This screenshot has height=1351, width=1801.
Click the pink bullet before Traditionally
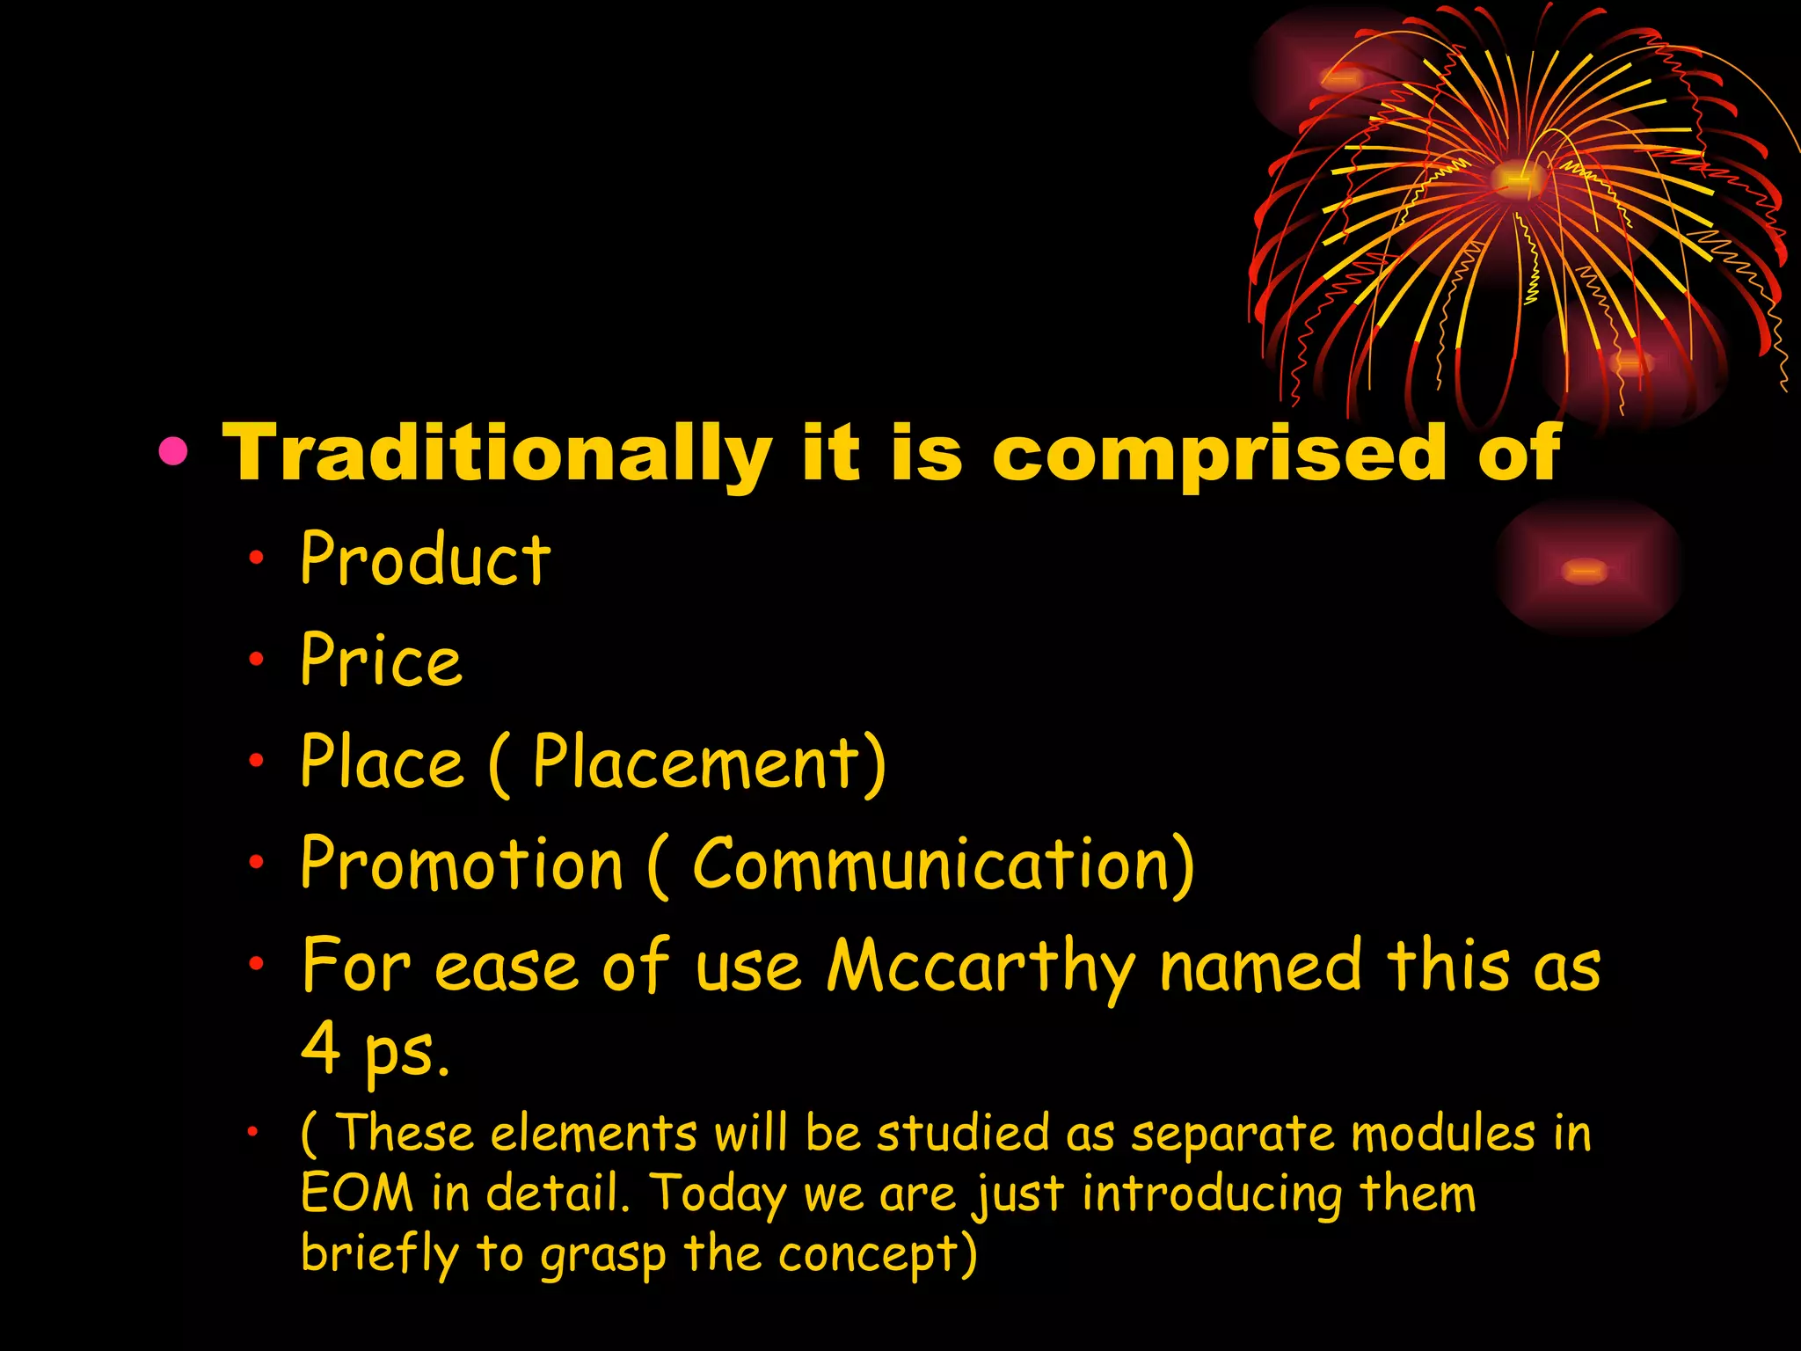point(173,451)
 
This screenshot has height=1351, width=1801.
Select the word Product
point(426,559)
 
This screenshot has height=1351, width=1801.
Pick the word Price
point(381,661)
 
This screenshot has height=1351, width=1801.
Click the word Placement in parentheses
point(696,762)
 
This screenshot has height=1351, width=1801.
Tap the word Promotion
point(462,864)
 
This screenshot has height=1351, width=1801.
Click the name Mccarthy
point(981,967)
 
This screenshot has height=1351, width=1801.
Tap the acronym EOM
point(356,1194)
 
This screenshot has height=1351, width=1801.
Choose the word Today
point(718,1194)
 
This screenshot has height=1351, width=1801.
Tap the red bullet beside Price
point(256,658)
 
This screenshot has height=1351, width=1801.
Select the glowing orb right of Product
point(1586,570)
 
